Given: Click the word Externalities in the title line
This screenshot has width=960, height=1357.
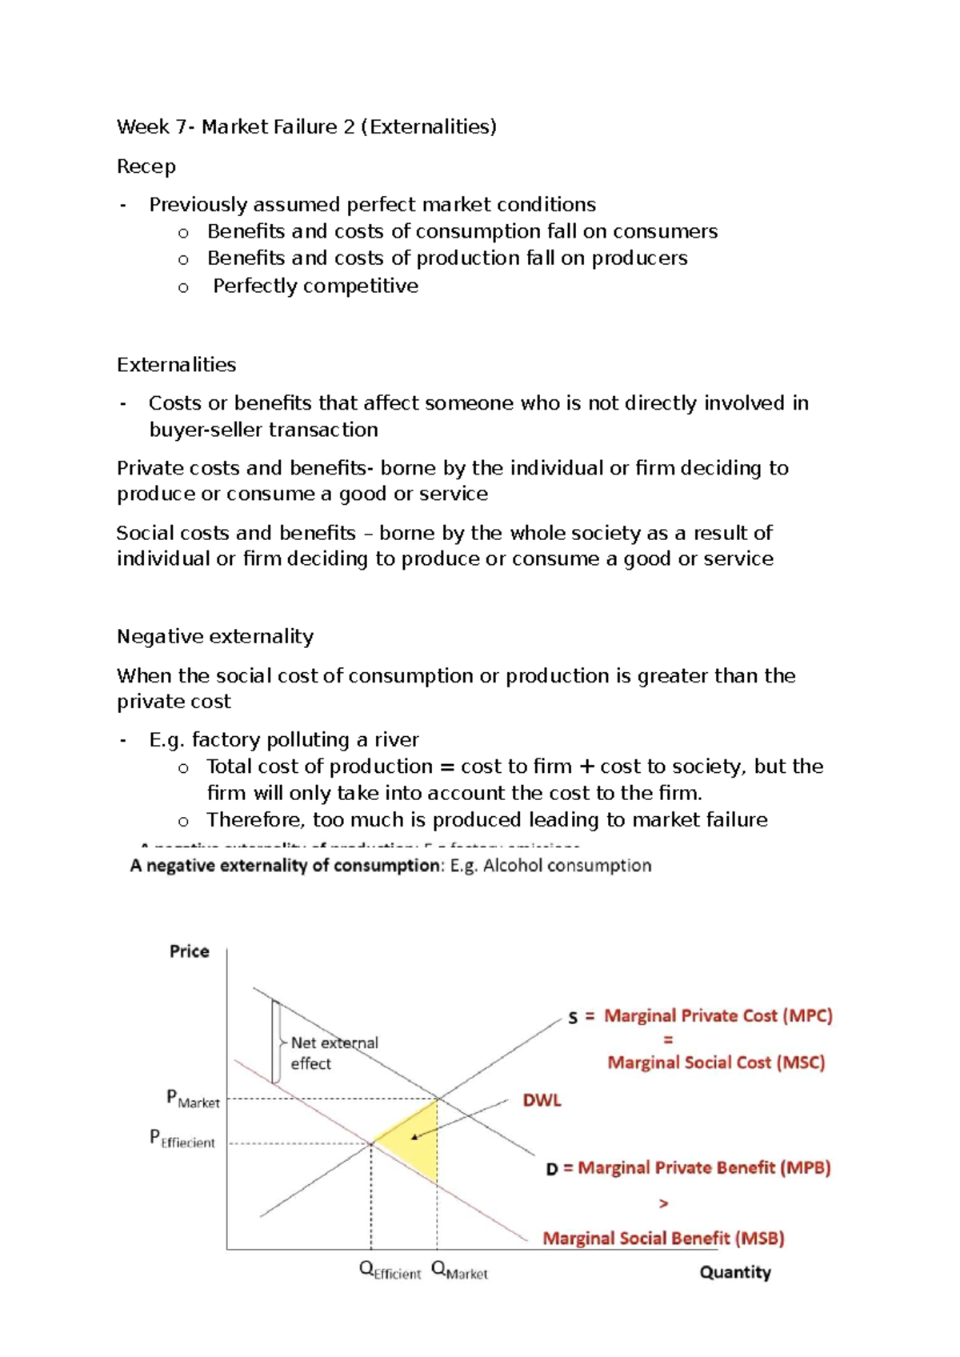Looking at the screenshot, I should click(x=429, y=126).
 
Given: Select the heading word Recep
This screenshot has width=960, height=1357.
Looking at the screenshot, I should click(x=146, y=166).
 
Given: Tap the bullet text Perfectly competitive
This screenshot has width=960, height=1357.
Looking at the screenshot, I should click(x=315, y=286).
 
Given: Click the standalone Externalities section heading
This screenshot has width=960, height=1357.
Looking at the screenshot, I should click(x=176, y=365).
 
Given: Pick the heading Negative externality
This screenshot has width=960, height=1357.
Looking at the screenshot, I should click(x=214, y=636).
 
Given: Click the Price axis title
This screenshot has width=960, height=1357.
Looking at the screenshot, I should click(x=189, y=951).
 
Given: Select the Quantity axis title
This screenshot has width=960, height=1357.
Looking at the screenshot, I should click(x=734, y=1272).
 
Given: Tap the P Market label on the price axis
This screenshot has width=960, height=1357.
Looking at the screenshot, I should click(x=192, y=1099).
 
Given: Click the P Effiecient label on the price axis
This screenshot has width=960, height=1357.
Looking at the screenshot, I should click(x=182, y=1139).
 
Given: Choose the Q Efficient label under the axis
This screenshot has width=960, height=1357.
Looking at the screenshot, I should click(x=390, y=1271).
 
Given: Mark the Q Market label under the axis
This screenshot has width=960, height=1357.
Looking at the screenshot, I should click(x=459, y=1271).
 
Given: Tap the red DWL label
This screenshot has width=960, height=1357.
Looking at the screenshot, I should click(x=542, y=1100).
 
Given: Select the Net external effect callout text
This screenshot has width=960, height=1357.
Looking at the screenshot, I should click(x=333, y=1053).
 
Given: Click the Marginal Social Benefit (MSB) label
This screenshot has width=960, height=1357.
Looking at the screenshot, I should click(x=663, y=1239).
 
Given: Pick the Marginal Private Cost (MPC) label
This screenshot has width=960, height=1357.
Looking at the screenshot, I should click(x=718, y=1016).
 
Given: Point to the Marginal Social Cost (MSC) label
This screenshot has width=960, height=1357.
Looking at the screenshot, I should click(x=716, y=1063).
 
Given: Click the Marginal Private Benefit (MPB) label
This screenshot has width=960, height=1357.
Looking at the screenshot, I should click(x=704, y=1168).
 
